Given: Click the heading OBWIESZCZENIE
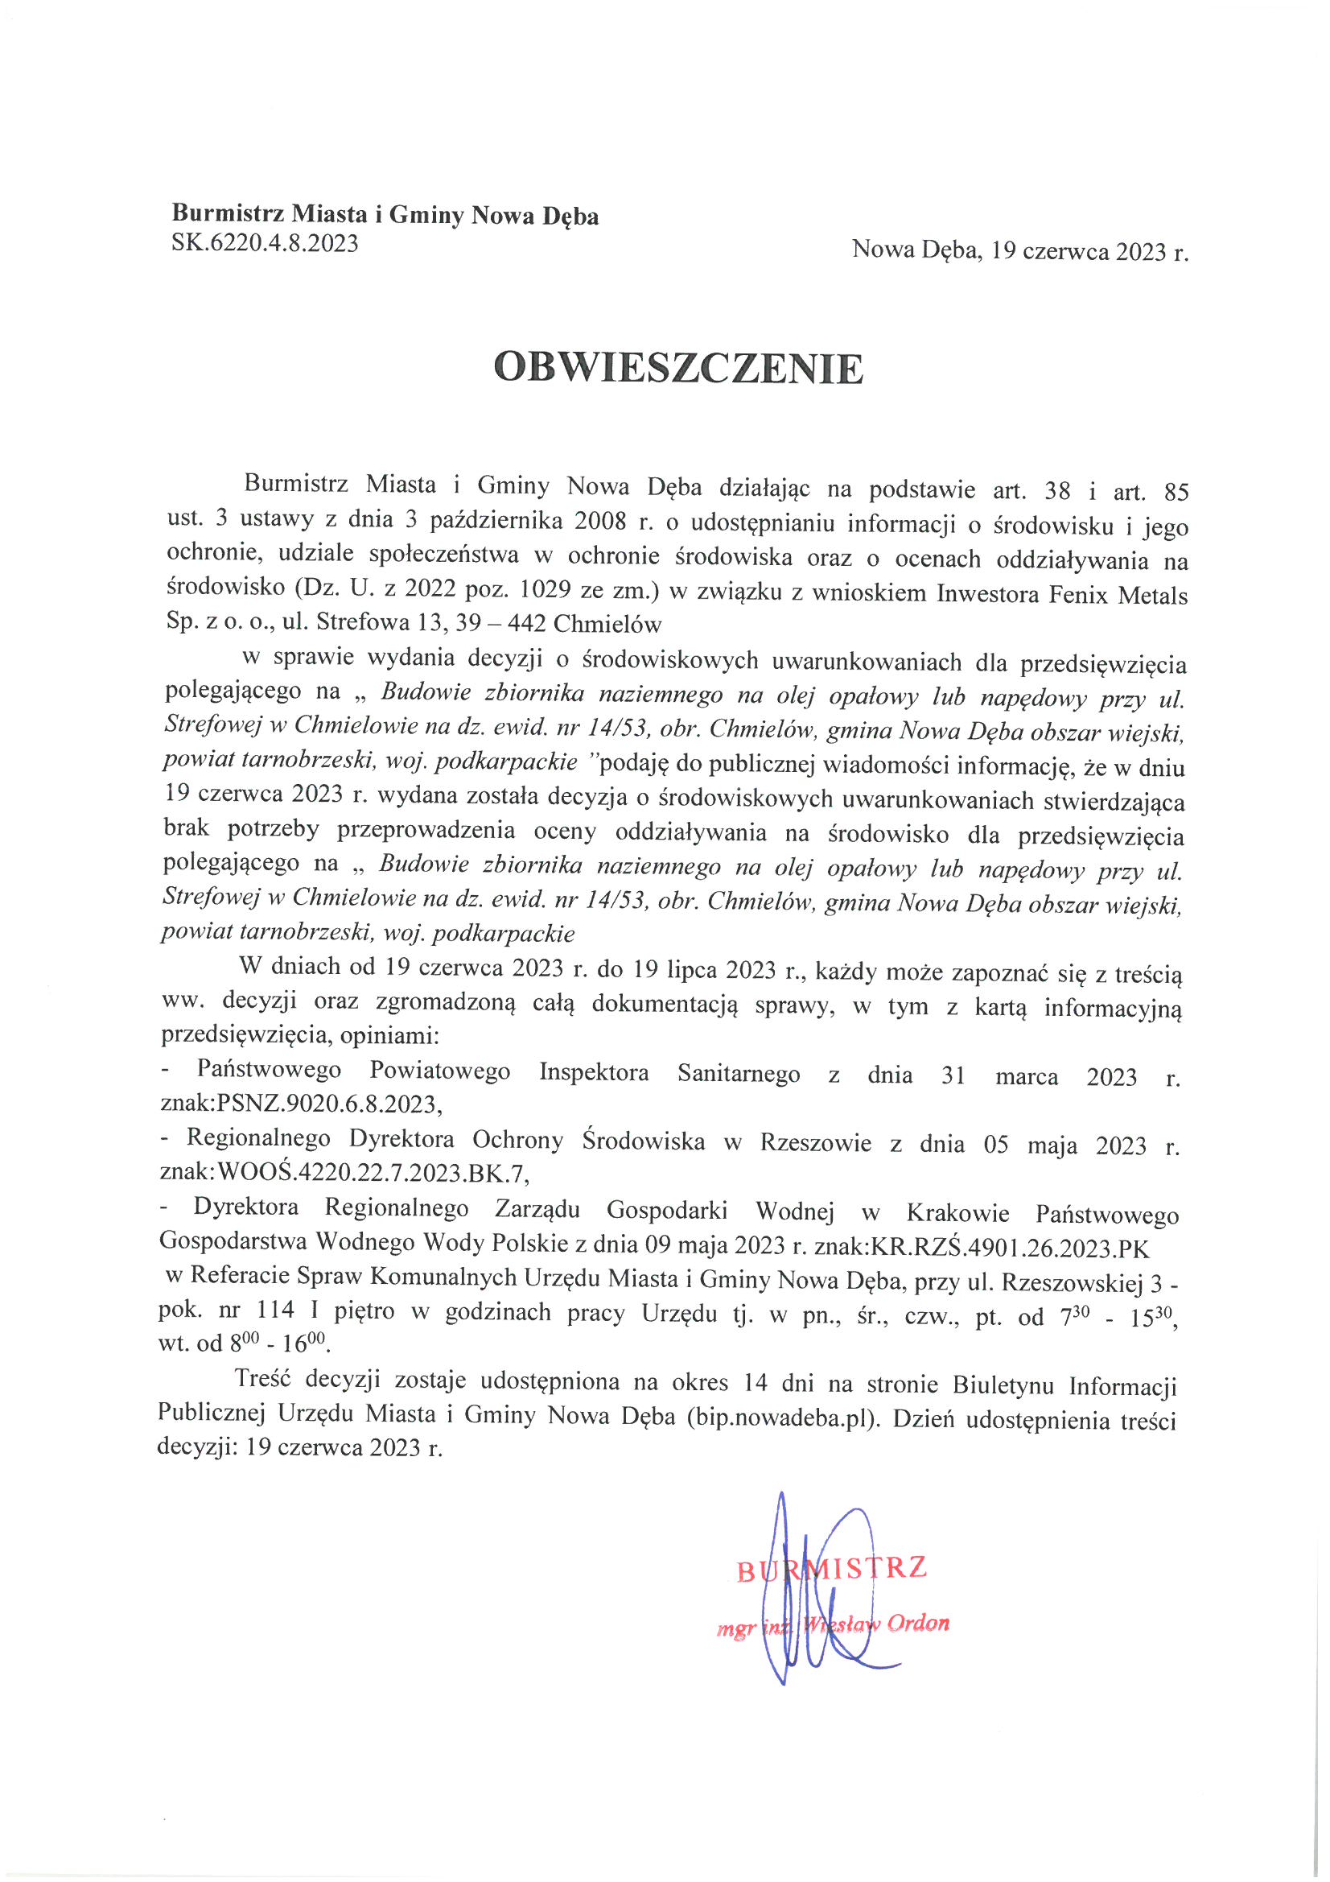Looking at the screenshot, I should pos(678,368).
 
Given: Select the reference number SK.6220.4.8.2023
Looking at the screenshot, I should pos(265,243).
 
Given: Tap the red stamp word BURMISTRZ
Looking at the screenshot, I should pos(831,1568).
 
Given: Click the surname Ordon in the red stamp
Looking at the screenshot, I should pos(918,1623).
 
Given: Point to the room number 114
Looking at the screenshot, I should pos(275,1310).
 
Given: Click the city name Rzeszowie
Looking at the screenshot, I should pos(815,1143).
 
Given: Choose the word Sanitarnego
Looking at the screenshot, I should pos(739,1074).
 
